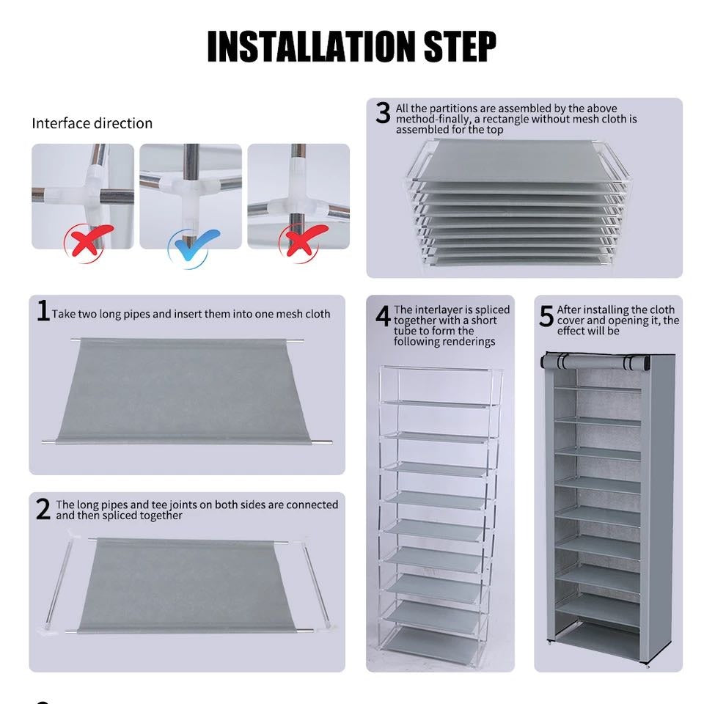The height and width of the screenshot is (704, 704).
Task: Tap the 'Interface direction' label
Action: (92, 123)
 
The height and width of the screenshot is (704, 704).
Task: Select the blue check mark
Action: (193, 243)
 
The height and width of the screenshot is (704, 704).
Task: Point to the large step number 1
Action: (43, 311)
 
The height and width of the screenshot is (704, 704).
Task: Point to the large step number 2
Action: (43, 508)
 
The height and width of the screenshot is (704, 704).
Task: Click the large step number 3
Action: (383, 114)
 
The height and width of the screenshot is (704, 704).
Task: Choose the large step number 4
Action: (383, 316)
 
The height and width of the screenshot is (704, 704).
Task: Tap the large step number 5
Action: (546, 316)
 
